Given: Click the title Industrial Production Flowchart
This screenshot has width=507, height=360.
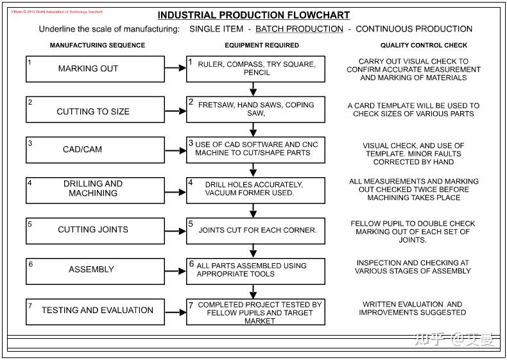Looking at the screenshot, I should (x=253, y=15).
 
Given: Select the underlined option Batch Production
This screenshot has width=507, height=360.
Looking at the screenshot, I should (x=299, y=29).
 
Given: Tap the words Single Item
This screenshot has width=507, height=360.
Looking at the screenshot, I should (x=216, y=29).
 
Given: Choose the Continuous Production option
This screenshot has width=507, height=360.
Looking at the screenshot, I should (x=413, y=29).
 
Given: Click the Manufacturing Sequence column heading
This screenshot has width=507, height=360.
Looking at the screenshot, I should (x=98, y=46).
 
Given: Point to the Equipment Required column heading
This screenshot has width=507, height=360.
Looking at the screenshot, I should (x=262, y=46).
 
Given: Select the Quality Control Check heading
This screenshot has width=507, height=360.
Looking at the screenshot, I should (x=424, y=46).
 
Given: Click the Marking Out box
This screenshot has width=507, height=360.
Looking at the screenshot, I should (x=95, y=69).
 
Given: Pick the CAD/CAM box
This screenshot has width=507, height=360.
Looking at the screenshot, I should (x=95, y=150).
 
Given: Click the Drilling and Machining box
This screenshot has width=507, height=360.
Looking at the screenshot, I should (x=95, y=189).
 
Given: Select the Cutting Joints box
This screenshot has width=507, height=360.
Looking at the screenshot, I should (x=95, y=230).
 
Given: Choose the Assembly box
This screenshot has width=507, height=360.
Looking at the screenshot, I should (x=95, y=270).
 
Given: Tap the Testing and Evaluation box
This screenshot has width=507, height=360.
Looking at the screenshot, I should (x=95, y=311).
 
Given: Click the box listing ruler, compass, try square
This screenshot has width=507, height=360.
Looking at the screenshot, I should (x=255, y=69).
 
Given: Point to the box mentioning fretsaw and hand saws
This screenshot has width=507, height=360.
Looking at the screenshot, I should (x=255, y=109).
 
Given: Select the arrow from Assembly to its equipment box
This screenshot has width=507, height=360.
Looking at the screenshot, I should (x=175, y=271).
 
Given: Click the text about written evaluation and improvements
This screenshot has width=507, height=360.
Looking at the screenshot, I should (x=412, y=308).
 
